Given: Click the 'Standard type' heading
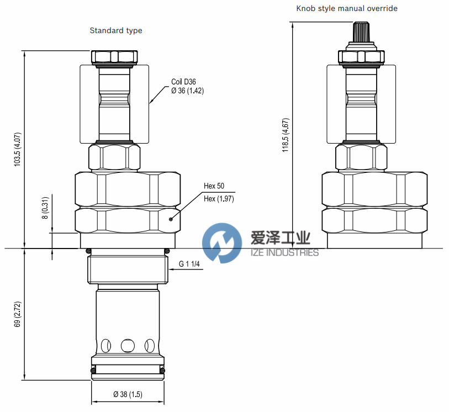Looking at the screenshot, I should point(116,30).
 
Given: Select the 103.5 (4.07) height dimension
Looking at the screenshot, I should point(18,150).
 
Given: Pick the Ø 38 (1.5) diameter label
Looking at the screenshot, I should point(128,394).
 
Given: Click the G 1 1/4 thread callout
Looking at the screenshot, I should point(189,264).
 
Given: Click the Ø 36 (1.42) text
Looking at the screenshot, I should point(188,91).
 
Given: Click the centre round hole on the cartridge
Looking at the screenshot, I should point(128,345).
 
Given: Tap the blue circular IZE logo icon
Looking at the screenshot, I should point(222,242).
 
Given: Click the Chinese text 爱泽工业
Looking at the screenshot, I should point(280,238).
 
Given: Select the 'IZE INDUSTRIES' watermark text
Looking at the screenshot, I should point(284,252).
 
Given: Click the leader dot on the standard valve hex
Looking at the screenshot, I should point(171,219).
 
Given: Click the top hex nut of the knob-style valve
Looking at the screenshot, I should point(361,57).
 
